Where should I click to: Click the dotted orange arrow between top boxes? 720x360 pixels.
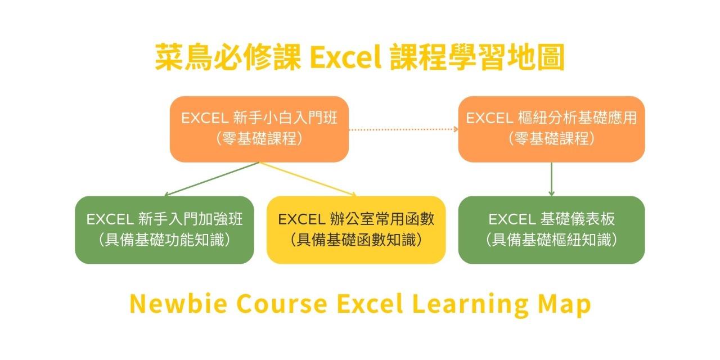pos(403,129)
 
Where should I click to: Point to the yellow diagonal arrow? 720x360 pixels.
pos(308,179)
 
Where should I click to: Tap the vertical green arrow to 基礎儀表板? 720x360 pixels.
pos(551,179)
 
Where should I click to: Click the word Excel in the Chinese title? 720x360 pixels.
pos(344,57)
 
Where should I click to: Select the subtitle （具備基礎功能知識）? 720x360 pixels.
pos(164,240)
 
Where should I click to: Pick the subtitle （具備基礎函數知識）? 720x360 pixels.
pos(356,240)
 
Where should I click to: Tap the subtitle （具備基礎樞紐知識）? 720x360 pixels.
pos(551,240)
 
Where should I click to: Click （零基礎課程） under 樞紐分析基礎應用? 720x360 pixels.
pos(551,139)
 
